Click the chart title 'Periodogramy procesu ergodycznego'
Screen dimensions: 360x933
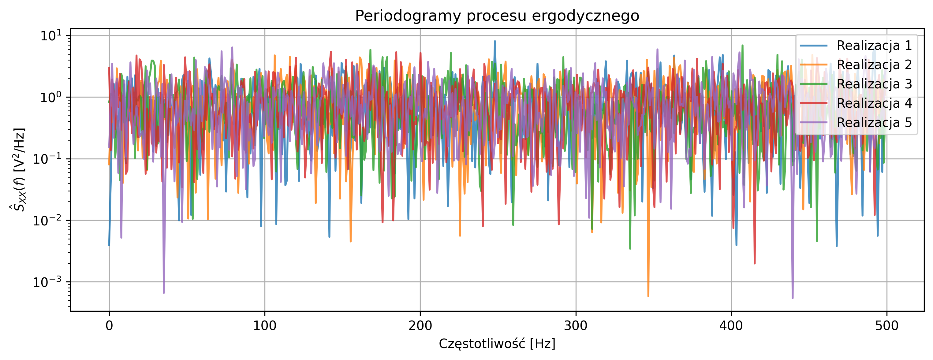497,16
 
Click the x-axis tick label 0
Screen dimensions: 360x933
109,326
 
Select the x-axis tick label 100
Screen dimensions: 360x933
264,326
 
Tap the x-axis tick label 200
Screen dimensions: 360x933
420,326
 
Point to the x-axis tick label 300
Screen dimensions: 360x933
576,326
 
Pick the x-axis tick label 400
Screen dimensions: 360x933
731,326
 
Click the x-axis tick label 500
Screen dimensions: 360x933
886,326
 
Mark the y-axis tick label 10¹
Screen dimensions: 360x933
51,36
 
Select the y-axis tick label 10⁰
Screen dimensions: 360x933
51,98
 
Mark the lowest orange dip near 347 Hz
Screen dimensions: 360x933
648,296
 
